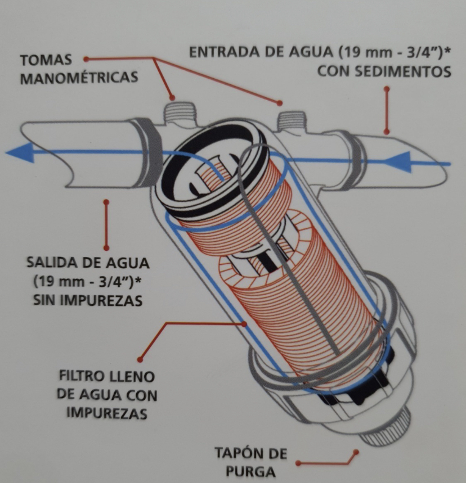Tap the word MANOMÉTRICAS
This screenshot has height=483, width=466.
[x=79, y=78]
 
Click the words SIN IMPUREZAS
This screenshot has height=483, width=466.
[x=87, y=300]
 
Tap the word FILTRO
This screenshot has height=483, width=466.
[x=82, y=376]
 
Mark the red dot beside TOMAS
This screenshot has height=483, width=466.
[x=86, y=58]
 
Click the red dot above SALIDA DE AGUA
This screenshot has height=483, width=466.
[x=106, y=201]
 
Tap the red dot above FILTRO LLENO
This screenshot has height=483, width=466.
[x=140, y=358]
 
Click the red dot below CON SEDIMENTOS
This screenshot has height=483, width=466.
[x=386, y=89]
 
